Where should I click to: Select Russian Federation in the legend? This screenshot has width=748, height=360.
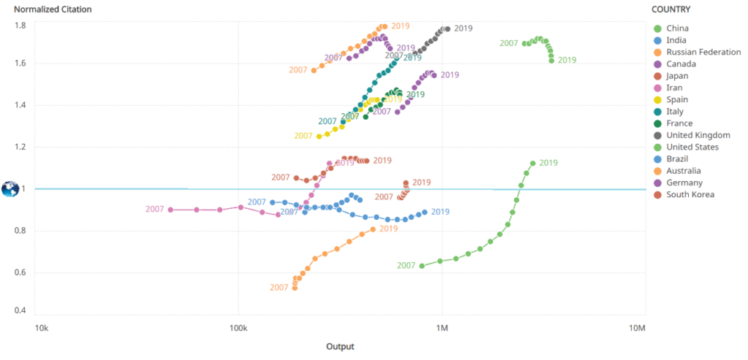pos(703,52)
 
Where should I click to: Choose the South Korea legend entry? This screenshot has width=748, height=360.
pos(690,194)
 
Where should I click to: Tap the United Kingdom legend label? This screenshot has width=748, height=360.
pos(698,135)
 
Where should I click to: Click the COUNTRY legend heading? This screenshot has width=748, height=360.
pos(671,9)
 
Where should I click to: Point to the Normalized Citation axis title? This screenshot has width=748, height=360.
pos(50,9)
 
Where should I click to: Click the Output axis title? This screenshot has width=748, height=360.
pos(340,346)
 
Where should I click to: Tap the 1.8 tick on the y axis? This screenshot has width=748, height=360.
pos(20,26)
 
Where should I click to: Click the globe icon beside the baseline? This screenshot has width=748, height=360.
pos(10,189)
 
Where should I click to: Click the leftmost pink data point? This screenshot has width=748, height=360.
pos(171,210)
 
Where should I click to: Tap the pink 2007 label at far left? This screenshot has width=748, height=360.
pos(155,210)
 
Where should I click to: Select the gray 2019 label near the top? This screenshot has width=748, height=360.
pos(464,28)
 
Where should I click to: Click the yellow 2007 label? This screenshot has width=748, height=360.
pos(303,136)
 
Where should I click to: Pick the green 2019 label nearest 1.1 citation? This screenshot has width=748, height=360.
pos(549,163)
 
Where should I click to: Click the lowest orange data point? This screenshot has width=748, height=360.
pos(295,288)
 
